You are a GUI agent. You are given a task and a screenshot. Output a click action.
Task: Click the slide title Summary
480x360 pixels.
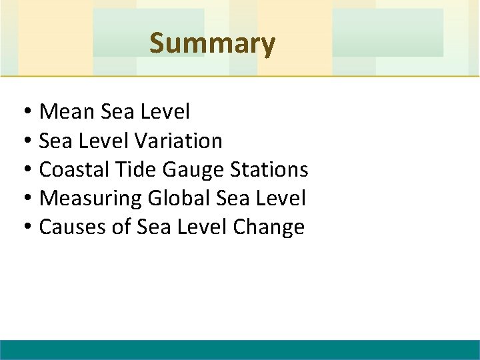point(212,43)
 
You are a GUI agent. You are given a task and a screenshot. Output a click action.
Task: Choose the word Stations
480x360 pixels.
point(269,169)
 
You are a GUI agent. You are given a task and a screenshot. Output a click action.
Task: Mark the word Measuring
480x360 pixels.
point(91,199)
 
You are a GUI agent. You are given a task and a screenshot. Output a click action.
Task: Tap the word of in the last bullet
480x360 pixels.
point(121,227)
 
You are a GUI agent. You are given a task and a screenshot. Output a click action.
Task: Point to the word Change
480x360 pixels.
point(269,227)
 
